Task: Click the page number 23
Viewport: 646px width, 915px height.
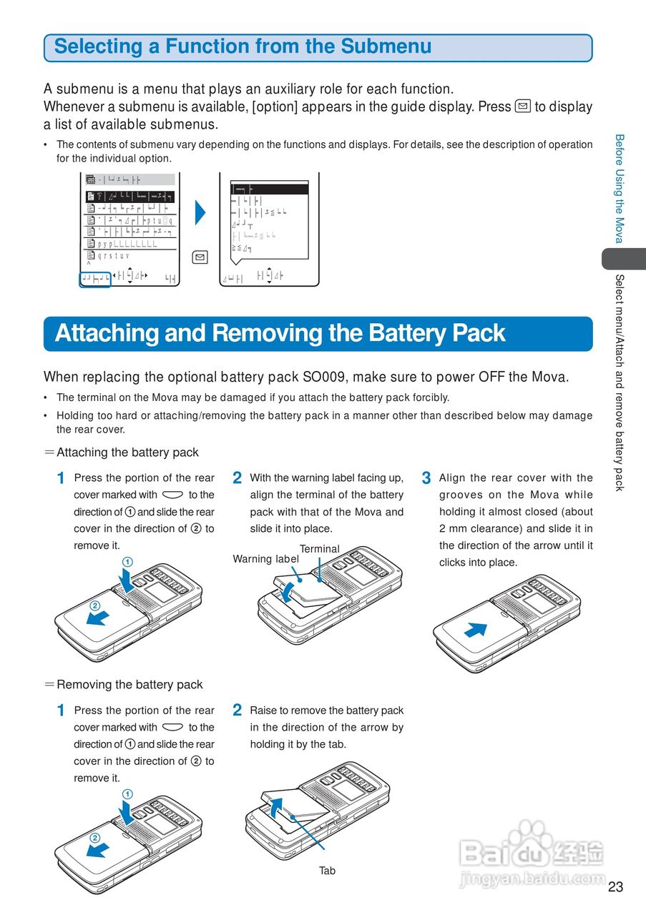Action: click(x=615, y=887)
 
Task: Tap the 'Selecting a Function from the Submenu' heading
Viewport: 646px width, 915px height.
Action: click(x=243, y=47)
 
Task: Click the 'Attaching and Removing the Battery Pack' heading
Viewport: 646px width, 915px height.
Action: click(x=280, y=334)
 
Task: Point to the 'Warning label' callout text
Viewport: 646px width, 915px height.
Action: click(x=265, y=559)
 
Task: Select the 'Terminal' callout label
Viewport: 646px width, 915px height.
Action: click(x=319, y=549)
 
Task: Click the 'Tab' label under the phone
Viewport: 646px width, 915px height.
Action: click(x=327, y=871)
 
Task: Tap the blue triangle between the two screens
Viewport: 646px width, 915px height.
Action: click(x=200, y=212)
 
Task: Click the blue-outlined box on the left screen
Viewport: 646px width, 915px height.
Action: click(x=95, y=279)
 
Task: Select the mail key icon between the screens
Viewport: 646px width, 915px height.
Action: click(x=200, y=257)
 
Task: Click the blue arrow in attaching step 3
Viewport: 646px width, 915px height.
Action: click(x=475, y=630)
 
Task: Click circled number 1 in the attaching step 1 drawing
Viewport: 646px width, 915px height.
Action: click(x=127, y=562)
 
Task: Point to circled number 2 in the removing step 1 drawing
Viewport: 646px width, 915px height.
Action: click(x=94, y=838)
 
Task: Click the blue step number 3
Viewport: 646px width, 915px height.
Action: click(x=426, y=478)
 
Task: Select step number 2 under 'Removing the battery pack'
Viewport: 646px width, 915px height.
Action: click(x=238, y=711)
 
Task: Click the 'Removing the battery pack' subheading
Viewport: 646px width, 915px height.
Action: click(x=129, y=685)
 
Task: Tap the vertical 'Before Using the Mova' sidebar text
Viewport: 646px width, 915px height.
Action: click(x=620, y=189)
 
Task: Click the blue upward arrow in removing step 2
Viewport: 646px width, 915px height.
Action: click(x=278, y=805)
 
